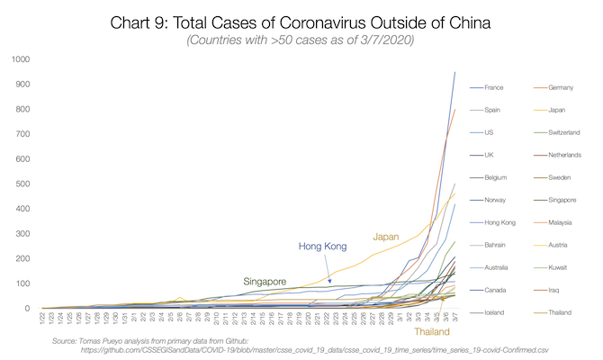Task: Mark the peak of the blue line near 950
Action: (454, 72)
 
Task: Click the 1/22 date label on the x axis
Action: (42, 319)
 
